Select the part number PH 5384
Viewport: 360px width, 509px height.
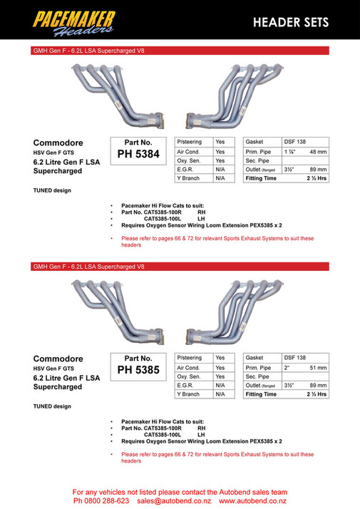point(138,154)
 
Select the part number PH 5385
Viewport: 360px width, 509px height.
point(138,369)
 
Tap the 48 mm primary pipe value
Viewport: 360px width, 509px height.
point(318,152)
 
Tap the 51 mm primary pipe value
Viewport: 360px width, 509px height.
point(318,367)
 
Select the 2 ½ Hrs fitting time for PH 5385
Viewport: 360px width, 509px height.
point(317,394)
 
